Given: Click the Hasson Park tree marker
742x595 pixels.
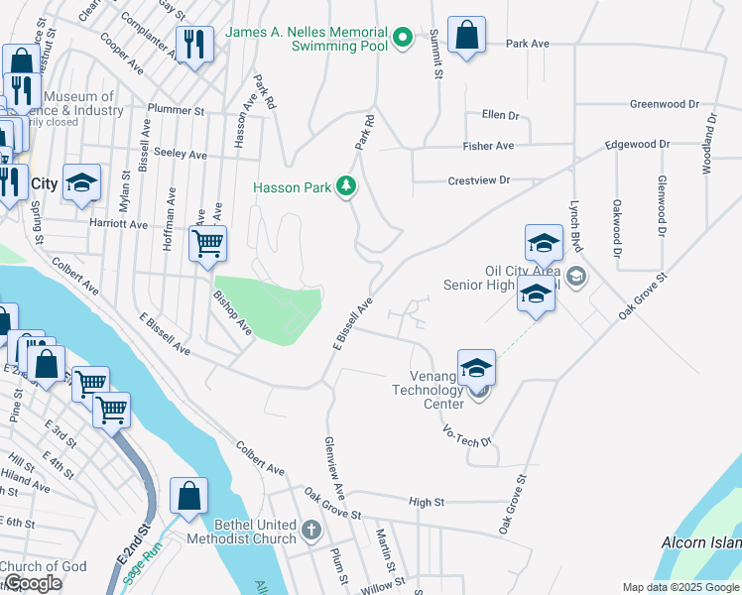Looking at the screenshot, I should point(346,186).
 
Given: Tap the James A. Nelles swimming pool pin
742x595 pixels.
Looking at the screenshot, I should point(402,39).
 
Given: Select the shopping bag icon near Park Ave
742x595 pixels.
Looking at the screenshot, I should point(466,36).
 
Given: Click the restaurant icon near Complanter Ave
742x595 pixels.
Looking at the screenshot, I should point(192,44).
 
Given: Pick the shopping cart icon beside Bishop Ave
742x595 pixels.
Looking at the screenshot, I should point(207,242).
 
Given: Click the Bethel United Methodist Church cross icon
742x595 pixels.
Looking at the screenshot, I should point(311,530).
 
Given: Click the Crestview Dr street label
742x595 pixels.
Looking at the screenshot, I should point(478,180).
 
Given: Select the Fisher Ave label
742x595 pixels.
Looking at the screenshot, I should point(488,146).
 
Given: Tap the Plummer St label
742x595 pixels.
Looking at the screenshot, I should point(175,110).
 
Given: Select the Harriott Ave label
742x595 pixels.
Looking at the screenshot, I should point(118,224).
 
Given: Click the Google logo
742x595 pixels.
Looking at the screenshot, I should point(33,584).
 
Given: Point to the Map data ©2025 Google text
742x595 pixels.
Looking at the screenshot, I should point(680,587).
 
